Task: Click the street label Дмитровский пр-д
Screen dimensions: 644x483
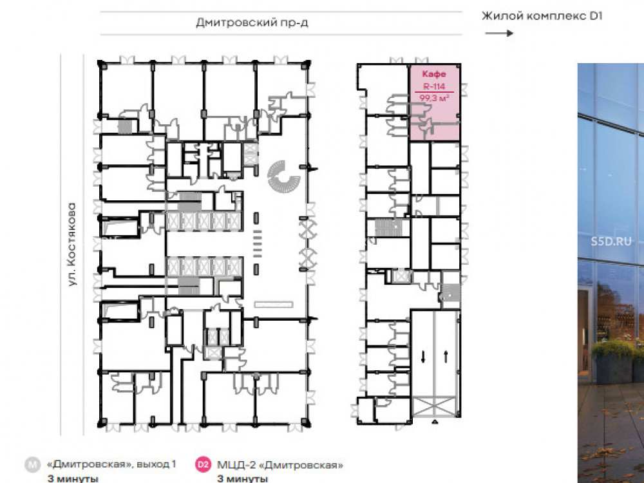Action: (x=252, y=22)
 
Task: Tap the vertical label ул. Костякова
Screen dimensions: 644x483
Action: (x=72, y=244)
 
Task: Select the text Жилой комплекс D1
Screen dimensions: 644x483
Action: (x=542, y=16)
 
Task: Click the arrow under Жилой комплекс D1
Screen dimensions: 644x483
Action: (x=499, y=33)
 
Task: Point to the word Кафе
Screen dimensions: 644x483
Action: (x=434, y=74)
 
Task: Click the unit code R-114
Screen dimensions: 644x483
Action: (x=434, y=86)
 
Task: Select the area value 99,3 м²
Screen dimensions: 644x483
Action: (x=434, y=98)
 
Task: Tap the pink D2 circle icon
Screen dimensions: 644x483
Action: (x=203, y=464)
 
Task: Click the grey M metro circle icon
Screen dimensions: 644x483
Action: (x=32, y=464)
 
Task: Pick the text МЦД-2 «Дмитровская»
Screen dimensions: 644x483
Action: (x=280, y=465)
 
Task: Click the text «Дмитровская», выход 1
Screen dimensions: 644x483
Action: (x=111, y=464)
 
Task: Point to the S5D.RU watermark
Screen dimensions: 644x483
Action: (x=611, y=241)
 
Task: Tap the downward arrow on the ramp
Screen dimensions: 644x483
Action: (x=423, y=357)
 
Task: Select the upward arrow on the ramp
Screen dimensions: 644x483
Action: (x=446, y=356)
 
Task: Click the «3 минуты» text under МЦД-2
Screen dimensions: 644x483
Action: (x=242, y=479)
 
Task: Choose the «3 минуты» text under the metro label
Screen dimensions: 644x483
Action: (x=73, y=479)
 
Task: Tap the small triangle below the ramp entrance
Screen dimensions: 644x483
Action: (x=434, y=421)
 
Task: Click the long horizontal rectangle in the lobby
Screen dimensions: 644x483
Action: (x=274, y=305)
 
